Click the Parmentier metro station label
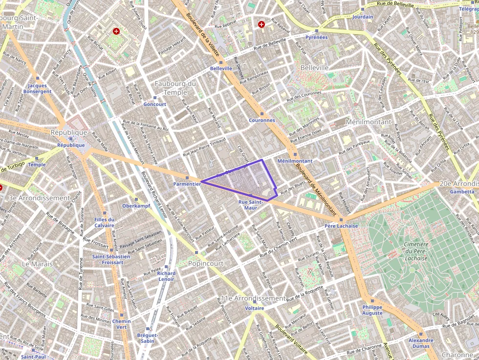[x=187, y=184]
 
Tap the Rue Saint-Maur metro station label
[x=251, y=204]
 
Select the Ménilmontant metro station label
[x=294, y=161]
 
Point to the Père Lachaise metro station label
[x=341, y=226]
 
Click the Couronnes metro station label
[x=261, y=120]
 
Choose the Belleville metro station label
[x=221, y=68]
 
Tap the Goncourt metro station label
[x=155, y=104]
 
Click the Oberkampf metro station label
[x=136, y=206]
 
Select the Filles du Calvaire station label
[x=104, y=222]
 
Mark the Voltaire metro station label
[x=255, y=308]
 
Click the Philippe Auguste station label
[x=372, y=310]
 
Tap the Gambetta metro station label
[x=462, y=191]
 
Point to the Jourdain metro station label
[x=362, y=17]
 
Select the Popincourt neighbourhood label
[x=206, y=263]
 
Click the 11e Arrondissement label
[x=253, y=298]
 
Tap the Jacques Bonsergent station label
[x=38, y=88]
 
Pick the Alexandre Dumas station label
[x=421, y=343]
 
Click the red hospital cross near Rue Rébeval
[x=261, y=24]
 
